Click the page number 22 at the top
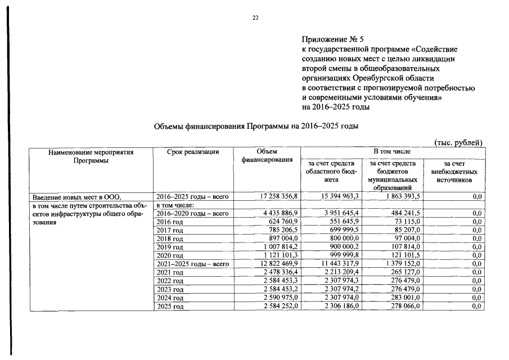pyautogui.click(x=255, y=19)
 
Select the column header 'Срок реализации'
pyautogui.click(x=193, y=152)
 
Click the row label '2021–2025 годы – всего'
pyautogui.click(x=192, y=264)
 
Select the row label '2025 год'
pyautogui.click(x=170, y=306)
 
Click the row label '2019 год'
pyautogui.click(x=170, y=247)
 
